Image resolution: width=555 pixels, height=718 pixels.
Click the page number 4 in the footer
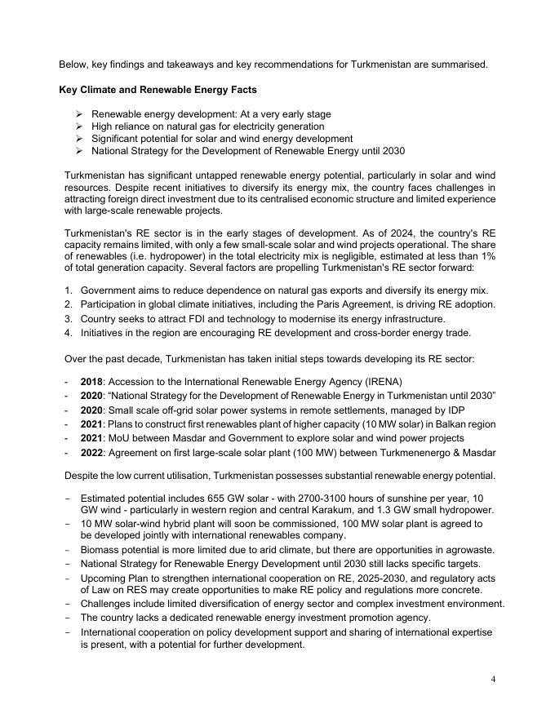click(494, 679)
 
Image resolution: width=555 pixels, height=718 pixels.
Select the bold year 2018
click(91, 382)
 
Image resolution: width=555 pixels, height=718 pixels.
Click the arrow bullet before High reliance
click(79, 126)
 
